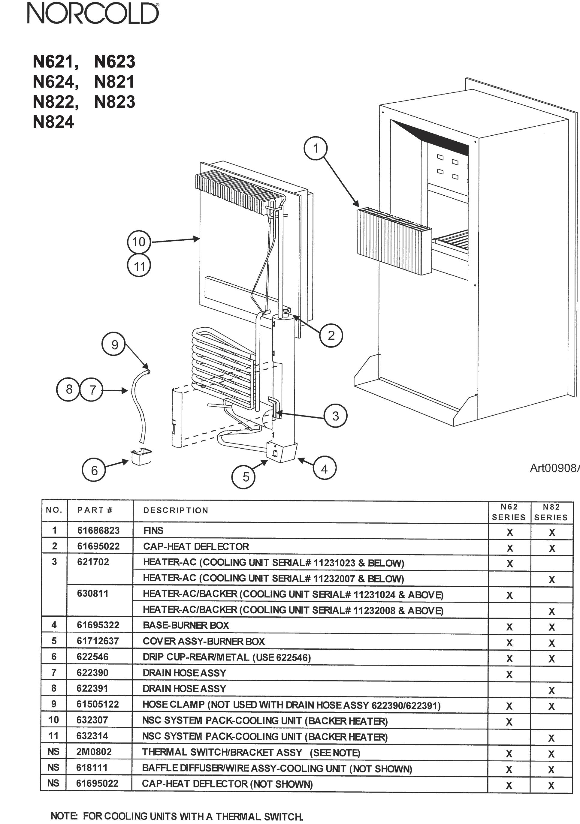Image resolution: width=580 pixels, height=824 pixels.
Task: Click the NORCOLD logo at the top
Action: pos(93,14)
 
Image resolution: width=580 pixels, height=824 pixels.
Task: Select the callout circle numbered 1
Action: pos(316,148)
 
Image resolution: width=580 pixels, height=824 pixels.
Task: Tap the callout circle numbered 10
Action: pos(139,242)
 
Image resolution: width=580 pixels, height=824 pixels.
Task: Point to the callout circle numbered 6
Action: pos(94,470)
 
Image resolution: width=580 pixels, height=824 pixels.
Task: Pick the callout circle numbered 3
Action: pos(335,416)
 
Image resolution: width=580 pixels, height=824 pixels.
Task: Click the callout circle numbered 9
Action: pos(114,344)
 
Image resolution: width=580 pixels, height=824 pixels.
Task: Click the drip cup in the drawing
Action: pos(141,456)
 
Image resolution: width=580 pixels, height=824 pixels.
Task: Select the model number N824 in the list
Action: pos(53,122)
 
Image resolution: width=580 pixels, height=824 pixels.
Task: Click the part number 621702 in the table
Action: pos(93,562)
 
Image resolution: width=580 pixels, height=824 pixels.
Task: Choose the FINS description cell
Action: pos(153,531)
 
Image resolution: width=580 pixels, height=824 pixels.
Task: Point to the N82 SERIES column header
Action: pos(551,512)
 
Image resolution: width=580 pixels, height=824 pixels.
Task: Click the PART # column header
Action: pos(95,510)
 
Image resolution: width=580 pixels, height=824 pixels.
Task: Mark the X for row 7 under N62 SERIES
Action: pos(509,675)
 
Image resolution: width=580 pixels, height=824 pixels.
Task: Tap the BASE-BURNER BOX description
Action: pos(186,625)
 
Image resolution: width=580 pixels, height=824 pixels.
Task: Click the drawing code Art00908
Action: pos(554,468)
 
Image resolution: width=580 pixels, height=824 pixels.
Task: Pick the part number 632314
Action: pos(92,736)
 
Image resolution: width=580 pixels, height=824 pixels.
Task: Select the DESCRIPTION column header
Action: pos(176,510)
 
